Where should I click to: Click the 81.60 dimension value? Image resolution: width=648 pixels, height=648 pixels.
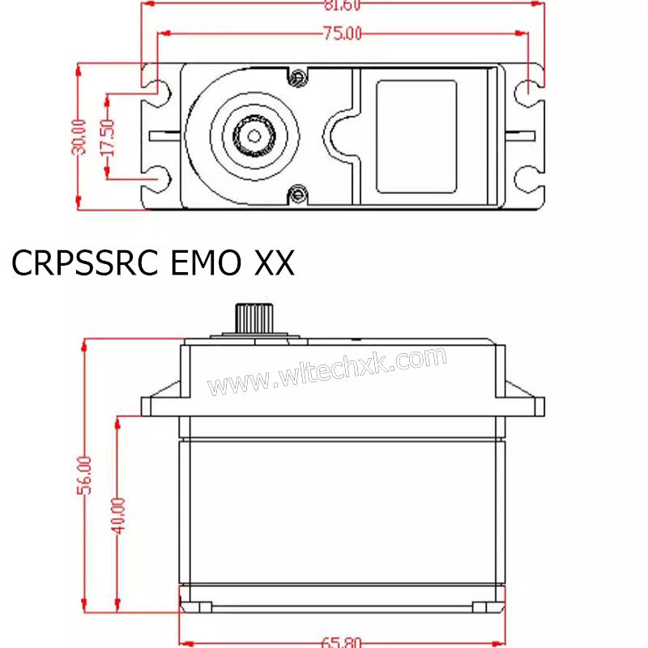coord(340,5)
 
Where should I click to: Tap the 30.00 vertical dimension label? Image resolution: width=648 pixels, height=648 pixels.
coord(79,139)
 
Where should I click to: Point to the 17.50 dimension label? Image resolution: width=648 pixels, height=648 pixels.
coord(108,137)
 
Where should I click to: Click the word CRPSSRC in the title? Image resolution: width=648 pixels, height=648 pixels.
coord(85,264)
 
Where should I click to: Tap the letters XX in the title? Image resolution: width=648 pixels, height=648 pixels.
coord(275,264)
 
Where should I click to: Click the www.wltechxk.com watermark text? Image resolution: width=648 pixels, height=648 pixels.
coord(326,371)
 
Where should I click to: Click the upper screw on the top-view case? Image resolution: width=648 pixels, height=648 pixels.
coord(298,77)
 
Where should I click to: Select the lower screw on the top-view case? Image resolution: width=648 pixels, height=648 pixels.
coord(298,193)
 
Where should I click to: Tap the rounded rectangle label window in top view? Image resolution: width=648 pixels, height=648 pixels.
coord(416,136)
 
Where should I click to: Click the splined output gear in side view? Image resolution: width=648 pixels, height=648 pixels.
coord(254,316)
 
